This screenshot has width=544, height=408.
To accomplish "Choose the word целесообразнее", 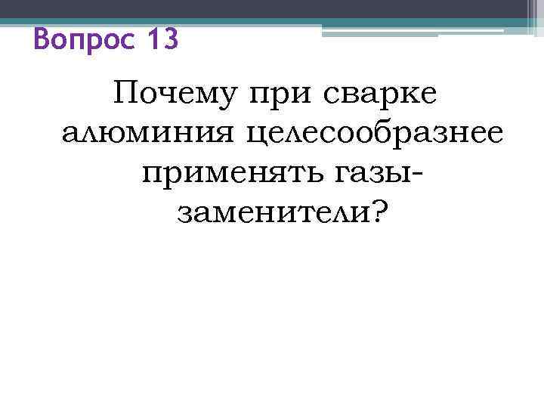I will click(361, 136).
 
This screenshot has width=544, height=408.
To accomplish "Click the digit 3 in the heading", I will click(172, 39).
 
